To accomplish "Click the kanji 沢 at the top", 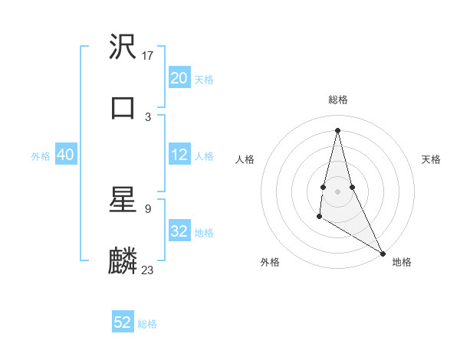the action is tap(123, 47).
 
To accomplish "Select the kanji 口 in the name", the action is tap(123, 108).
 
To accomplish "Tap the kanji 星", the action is tap(123, 201).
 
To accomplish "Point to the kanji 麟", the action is tap(123, 261).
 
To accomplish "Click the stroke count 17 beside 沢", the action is tap(148, 55).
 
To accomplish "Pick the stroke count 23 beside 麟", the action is tap(148, 270).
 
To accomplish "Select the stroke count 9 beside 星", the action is tap(148, 208).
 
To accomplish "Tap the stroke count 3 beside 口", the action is tap(148, 116).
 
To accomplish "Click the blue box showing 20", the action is tap(179, 77).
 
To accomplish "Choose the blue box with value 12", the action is tap(179, 155).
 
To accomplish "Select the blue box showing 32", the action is tap(179, 231).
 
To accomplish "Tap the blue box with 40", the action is tap(65, 155).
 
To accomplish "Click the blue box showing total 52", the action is tap(123, 322).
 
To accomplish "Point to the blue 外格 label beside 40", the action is tap(41, 155).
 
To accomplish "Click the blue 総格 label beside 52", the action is tap(147, 324).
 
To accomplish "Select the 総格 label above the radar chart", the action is tap(337, 100).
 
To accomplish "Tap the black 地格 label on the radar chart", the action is tap(402, 263).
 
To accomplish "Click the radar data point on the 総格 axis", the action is tap(337, 130).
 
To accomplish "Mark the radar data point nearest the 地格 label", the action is tap(383, 254).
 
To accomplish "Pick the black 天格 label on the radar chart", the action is tap(431, 159).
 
